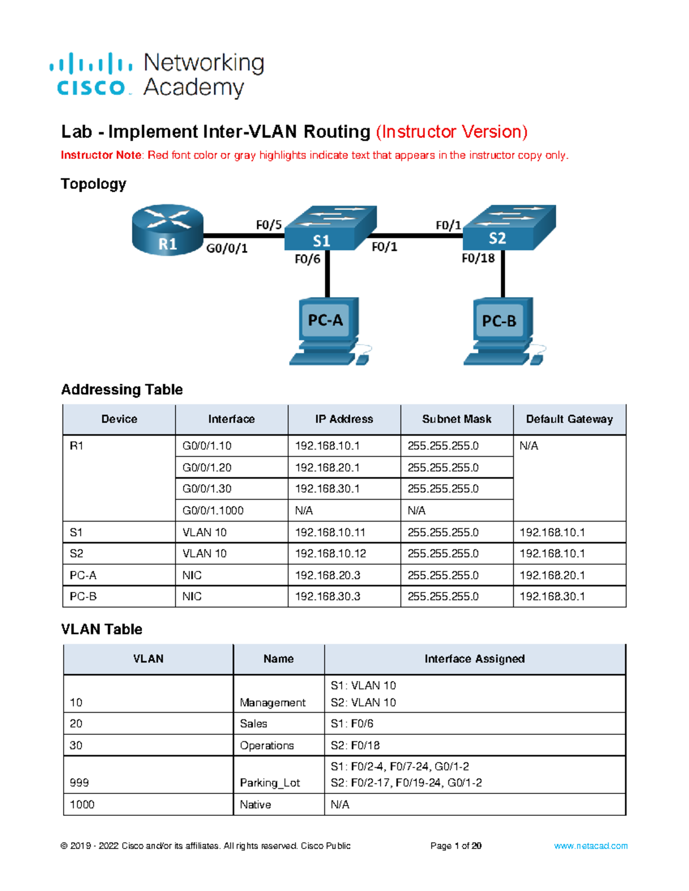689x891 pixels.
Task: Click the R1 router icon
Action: [x=167, y=230]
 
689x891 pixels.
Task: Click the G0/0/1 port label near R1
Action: [x=227, y=248]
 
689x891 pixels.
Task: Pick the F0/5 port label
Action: [x=268, y=225]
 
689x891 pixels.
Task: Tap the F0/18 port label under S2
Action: [x=478, y=258]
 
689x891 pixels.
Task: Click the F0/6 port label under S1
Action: [x=307, y=259]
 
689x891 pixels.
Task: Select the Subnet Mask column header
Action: [x=456, y=419]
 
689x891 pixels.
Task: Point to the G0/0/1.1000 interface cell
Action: [x=213, y=511]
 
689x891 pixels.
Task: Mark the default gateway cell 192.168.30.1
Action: [x=552, y=597]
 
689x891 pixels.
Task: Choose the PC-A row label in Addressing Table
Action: [x=83, y=575]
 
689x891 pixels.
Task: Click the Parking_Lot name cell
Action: [x=270, y=783]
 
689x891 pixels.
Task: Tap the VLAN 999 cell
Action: [x=79, y=783]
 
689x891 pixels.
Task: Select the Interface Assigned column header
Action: [x=474, y=659]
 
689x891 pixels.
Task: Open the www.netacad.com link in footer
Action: [x=590, y=846]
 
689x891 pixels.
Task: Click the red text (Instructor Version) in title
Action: [x=451, y=132]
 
